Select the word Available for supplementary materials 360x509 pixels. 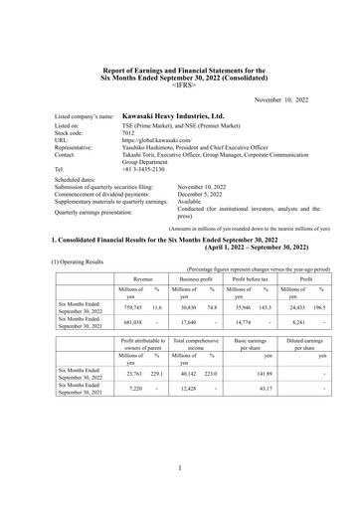193,202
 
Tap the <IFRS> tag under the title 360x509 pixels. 180,87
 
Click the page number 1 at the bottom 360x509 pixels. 180,467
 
